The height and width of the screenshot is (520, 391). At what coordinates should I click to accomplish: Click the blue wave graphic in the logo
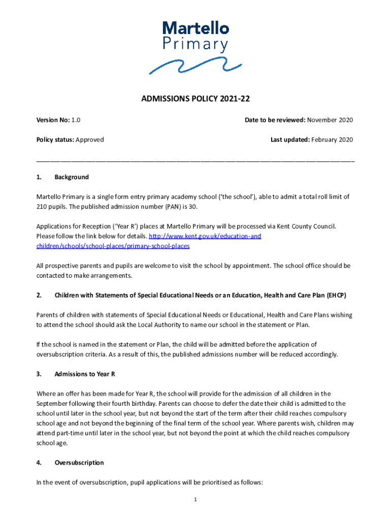coord(195,66)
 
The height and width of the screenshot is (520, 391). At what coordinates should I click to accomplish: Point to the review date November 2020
coord(330,120)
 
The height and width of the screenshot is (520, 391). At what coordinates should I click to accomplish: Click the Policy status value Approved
coord(90,140)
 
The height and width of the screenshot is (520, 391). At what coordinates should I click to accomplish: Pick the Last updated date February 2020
coord(332,140)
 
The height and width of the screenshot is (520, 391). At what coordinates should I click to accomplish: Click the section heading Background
coord(72,177)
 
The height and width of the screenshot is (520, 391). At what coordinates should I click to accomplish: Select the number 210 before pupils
coord(42,207)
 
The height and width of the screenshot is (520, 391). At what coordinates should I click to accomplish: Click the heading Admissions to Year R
coord(85,374)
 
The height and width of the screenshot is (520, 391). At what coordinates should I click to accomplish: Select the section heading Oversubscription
coord(79,463)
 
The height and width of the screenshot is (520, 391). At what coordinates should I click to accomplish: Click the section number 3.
coord(39,374)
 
